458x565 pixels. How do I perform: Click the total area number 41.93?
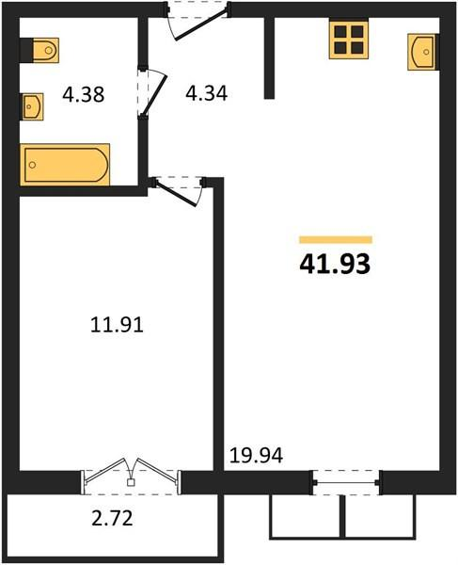coord(335,264)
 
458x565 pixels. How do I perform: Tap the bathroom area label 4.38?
coord(84,95)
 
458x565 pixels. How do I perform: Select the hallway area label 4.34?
coord(207,93)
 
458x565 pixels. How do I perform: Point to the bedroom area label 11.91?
coord(117,325)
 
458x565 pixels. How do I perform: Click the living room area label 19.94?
coord(256,456)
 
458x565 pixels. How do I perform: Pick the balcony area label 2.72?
coord(112,518)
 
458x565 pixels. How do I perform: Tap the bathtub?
coord(65,165)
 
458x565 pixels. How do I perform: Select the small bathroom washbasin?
coord(33,106)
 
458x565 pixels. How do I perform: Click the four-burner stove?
coord(349,40)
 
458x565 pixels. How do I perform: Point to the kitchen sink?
coord(421,52)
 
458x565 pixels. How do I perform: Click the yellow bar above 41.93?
coord(336,239)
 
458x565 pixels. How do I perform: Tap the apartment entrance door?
coord(197,22)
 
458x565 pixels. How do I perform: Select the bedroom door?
coord(179,191)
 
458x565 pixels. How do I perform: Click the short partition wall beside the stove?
coord(269,57)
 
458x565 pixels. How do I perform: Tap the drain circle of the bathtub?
coord(32,165)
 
